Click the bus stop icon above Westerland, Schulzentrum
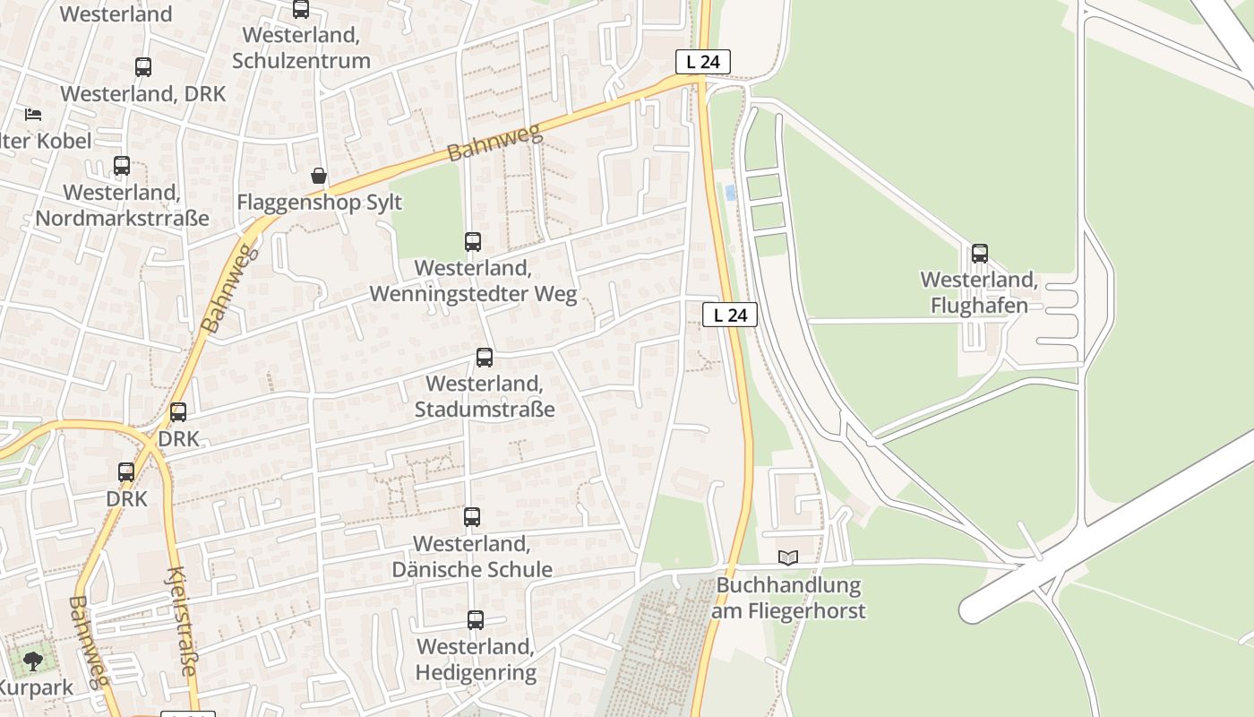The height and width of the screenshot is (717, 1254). coord(301,10)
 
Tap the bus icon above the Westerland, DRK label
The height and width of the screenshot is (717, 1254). coord(143,67)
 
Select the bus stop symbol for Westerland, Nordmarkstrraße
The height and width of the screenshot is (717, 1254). coord(122,166)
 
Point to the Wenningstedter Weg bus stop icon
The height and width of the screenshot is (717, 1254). coord(473,242)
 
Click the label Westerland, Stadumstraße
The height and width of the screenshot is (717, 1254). coord(485,396)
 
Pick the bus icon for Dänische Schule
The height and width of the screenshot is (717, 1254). coord(472,517)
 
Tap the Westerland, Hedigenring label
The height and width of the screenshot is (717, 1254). coord(476,659)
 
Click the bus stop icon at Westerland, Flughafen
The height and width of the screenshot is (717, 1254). coord(980,254)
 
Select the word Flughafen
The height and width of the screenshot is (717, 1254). coord(979,306)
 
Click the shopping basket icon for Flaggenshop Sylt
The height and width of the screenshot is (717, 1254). coord(319,176)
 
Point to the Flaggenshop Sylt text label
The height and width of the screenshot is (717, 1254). coord(319,202)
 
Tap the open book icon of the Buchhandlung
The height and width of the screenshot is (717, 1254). coord(788,558)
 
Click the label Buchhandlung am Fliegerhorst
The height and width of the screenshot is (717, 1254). coord(789,599)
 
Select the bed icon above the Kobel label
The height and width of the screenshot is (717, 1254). coord(33,115)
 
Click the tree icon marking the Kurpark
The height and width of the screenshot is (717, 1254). coord(33,662)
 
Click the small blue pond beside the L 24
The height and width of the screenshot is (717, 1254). coord(731,193)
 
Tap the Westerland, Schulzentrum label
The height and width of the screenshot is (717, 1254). coord(301,48)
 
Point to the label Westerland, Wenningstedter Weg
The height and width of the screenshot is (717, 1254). coord(473,281)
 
